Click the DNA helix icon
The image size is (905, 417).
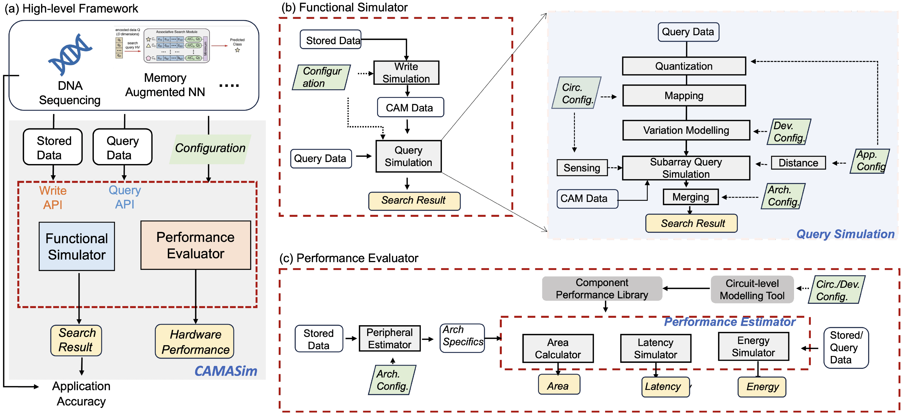click(70, 54)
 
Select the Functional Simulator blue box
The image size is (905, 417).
click(76, 246)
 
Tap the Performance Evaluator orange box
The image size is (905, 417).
click(196, 245)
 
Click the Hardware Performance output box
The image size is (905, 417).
click(195, 341)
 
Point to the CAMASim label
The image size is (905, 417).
click(226, 371)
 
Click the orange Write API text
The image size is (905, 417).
click(53, 197)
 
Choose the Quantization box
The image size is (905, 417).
click(684, 66)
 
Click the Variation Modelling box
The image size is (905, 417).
click(686, 130)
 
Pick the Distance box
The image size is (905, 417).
click(798, 163)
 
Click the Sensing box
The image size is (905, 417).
click(582, 168)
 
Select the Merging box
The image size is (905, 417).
click(690, 197)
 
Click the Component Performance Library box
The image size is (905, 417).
click(602, 288)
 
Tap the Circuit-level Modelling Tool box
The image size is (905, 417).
click(752, 290)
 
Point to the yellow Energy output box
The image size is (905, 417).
click(762, 387)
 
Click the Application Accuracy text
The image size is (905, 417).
click(81, 393)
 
